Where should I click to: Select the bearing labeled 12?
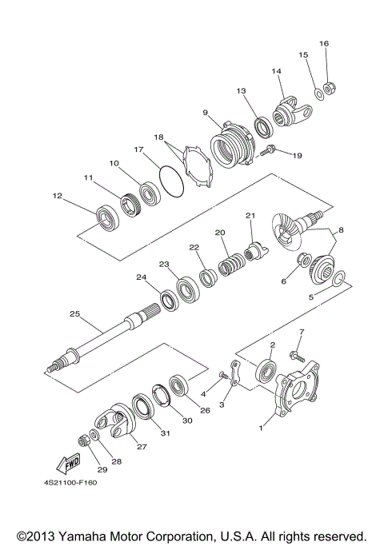(x=106, y=216)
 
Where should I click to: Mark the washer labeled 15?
(x=318, y=94)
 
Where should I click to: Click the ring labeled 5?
(x=338, y=278)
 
